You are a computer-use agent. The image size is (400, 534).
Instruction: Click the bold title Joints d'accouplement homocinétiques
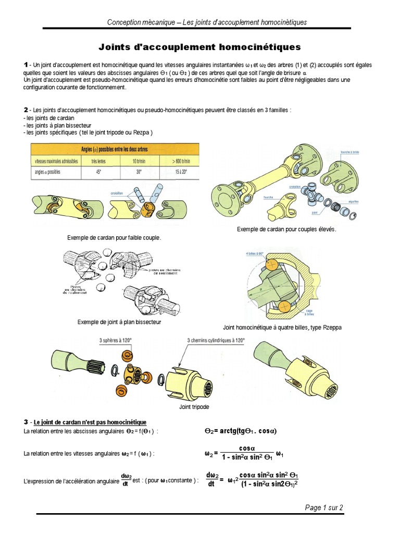[x=200, y=47]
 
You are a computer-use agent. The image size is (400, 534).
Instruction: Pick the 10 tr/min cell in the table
[x=138, y=161]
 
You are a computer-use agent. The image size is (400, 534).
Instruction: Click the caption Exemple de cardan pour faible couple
[x=114, y=238]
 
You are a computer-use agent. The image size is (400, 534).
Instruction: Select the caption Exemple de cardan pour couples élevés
[x=286, y=229]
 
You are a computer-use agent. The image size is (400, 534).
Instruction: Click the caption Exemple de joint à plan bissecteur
[x=119, y=322]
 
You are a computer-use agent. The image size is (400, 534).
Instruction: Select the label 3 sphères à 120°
[x=116, y=340]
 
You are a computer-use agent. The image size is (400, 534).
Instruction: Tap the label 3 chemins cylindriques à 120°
[x=216, y=340]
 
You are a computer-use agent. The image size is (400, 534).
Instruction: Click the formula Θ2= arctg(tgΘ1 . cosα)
[x=240, y=432]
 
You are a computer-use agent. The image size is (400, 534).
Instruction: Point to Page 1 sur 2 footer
[x=324, y=507]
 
